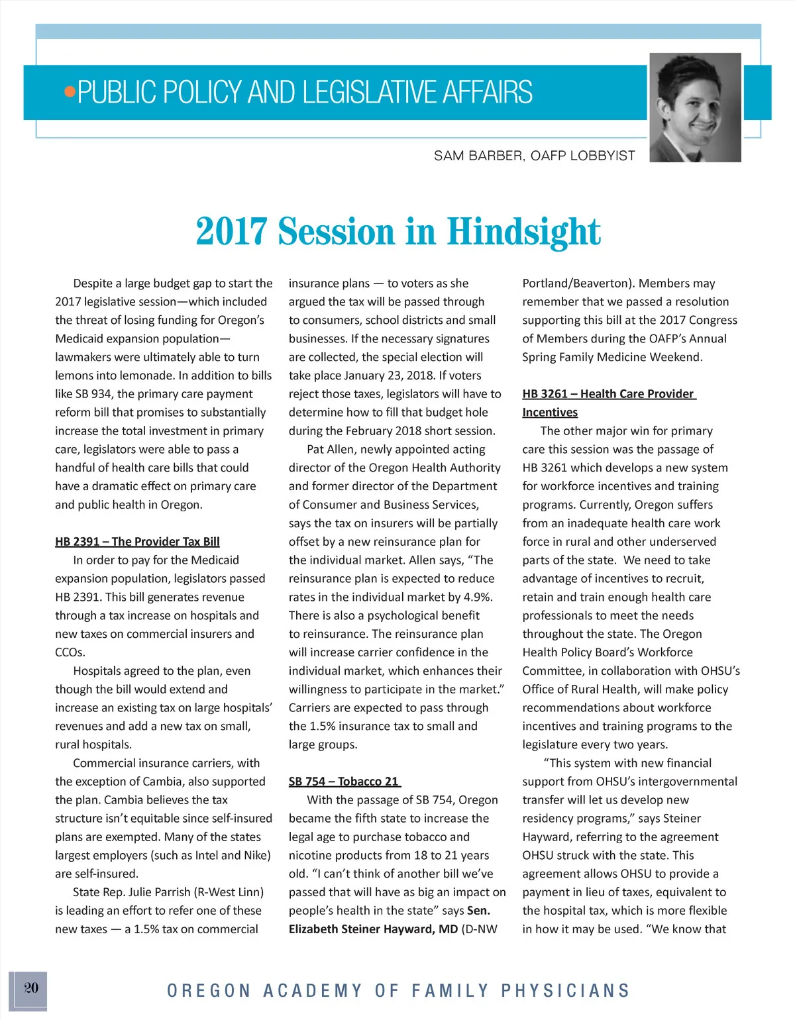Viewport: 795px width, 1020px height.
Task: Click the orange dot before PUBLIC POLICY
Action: click(x=70, y=91)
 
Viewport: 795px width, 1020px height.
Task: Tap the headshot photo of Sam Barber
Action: click(x=695, y=107)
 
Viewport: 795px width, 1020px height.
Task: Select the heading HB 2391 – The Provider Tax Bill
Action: click(x=137, y=542)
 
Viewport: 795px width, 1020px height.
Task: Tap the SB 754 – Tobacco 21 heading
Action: click(x=344, y=782)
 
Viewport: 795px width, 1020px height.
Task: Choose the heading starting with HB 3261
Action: click(x=608, y=394)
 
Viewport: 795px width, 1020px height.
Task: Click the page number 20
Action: click(x=31, y=988)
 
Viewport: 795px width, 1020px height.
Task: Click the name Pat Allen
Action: click(x=331, y=449)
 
